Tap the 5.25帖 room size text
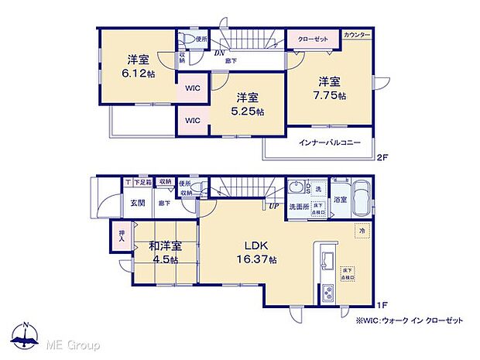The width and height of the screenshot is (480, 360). click(248, 105)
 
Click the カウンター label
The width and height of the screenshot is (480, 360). click(357, 36)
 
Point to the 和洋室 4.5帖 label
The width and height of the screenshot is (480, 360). click(165, 252)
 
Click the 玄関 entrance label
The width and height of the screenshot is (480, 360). click(136, 203)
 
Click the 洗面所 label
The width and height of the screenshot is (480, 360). click(299, 207)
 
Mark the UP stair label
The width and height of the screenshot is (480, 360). click(274, 207)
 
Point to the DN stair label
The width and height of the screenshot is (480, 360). click(221, 53)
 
